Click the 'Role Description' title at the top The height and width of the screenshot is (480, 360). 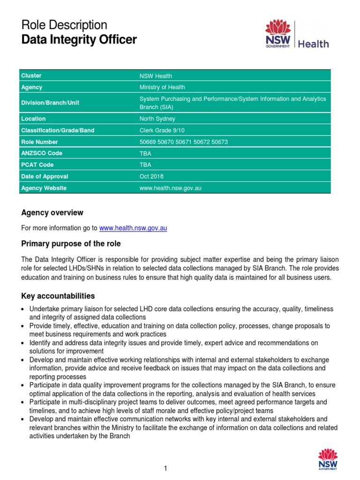point(64,25)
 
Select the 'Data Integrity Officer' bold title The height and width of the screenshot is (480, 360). point(79,40)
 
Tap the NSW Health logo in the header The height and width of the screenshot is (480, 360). point(297,34)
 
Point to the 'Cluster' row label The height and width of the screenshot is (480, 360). point(31,75)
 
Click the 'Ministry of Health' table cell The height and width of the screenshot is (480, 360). point(162,87)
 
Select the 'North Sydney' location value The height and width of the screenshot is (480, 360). point(157,119)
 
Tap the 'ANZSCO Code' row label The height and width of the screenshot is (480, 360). point(42,153)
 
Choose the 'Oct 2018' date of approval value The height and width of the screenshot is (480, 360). point(151,177)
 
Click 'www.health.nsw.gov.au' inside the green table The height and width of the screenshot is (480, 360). point(171,188)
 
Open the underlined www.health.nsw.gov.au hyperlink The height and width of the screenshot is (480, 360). point(133,228)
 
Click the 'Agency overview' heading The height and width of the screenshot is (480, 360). point(52,213)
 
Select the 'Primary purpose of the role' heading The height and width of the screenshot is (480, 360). point(71,244)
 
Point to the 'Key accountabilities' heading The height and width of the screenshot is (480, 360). point(58,296)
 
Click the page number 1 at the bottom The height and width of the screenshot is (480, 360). point(165,468)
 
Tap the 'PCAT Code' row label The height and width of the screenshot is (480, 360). point(37,165)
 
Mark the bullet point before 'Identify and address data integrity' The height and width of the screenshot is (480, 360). point(23,343)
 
